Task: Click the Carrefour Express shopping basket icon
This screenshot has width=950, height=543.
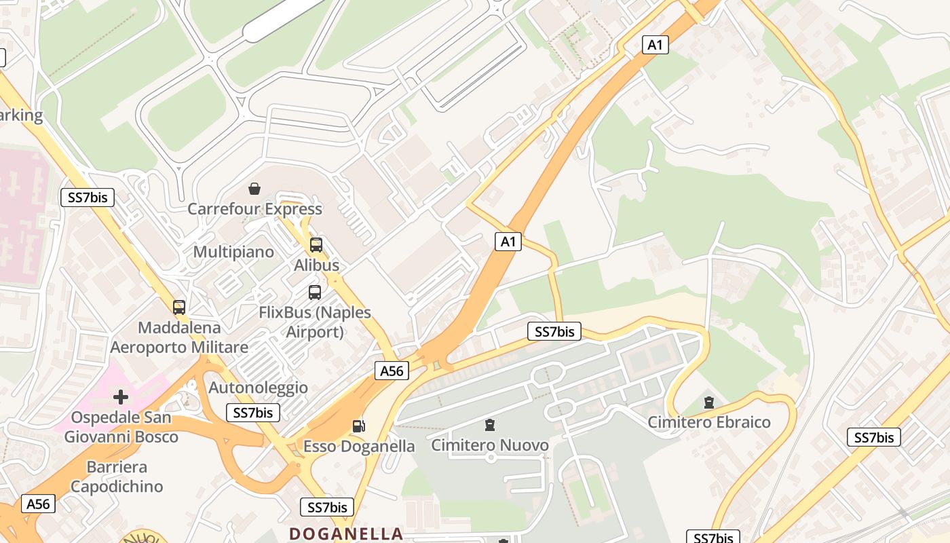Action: [x=254, y=188]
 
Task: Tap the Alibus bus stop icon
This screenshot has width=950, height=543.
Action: [x=316, y=245]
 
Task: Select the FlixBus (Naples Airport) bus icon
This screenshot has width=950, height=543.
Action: [x=315, y=293]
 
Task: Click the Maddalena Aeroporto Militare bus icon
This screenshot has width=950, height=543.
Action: [x=179, y=307]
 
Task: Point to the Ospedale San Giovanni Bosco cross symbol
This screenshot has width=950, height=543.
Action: [x=121, y=396]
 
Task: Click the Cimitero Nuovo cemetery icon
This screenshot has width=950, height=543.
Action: [x=490, y=426]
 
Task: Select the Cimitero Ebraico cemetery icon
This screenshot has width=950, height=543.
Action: [x=709, y=402]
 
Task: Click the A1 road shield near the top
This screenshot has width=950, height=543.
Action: [x=655, y=45]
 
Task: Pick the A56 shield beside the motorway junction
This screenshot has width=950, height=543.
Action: [x=392, y=371]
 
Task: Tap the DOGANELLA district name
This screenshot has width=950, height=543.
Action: [x=346, y=533]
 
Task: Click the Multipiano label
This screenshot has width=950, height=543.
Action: [x=233, y=252]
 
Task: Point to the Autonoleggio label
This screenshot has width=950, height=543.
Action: [x=258, y=388]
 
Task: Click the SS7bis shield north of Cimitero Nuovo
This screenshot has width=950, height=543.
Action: [x=554, y=331]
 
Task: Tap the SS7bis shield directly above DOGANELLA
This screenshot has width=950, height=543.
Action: [x=327, y=507]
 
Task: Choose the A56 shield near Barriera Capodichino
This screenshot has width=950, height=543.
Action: [x=38, y=504]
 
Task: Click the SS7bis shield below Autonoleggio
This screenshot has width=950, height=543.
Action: [x=252, y=412]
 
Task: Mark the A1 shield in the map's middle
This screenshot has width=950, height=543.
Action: [x=508, y=241]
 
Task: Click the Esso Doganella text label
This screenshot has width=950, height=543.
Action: [x=359, y=446]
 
